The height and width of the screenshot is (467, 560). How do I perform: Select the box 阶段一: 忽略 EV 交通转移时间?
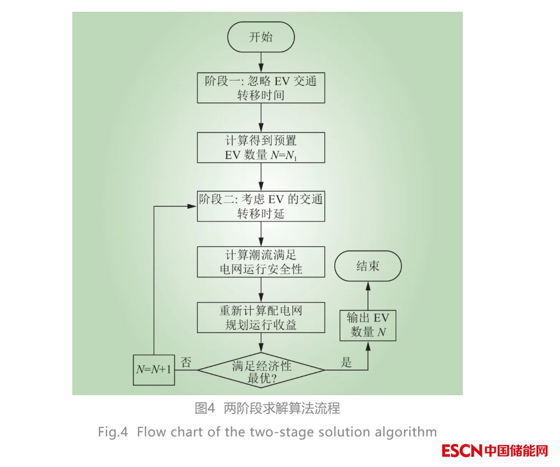tap(261, 88)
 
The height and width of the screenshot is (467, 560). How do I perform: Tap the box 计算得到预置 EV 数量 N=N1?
tap(261, 148)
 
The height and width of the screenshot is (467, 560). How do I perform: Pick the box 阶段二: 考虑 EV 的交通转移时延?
tap(261, 206)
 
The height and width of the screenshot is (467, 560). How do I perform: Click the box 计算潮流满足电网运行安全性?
tap(261, 262)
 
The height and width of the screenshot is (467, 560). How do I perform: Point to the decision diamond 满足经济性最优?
tap(261, 370)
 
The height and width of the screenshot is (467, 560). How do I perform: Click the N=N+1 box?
tap(153, 370)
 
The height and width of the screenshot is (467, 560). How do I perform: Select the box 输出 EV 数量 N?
tap(368, 325)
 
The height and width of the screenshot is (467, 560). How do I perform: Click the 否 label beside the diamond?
tap(186, 363)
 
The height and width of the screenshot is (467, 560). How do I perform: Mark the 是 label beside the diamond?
tap(346, 363)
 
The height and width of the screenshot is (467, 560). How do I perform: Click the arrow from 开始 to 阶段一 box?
tap(261, 62)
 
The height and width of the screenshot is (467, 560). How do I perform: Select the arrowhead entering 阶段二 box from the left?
tap(193, 206)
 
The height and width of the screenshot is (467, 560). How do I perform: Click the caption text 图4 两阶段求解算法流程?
tap(267, 408)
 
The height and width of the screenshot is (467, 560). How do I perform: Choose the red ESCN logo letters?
tap(462, 451)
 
